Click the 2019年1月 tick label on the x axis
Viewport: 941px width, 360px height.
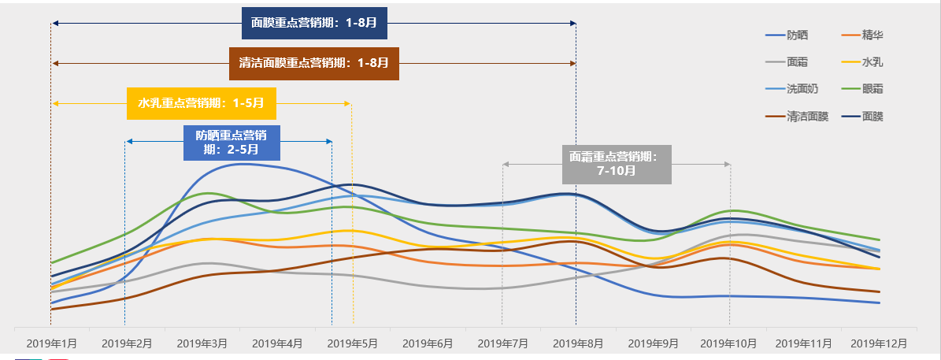coord(52,343)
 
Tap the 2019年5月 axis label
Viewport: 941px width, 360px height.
coord(353,343)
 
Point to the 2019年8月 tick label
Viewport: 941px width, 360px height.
coord(578,343)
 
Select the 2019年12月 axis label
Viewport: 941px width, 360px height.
coord(879,343)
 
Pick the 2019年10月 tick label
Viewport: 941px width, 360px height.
coord(728,343)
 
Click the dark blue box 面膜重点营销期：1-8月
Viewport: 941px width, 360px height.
coord(314,24)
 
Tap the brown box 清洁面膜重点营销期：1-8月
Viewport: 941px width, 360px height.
coord(314,63)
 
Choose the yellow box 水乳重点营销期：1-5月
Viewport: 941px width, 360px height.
coord(202,103)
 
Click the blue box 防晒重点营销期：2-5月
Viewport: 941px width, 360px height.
coord(232,143)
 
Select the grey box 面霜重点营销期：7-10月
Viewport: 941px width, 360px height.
coord(617,164)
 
